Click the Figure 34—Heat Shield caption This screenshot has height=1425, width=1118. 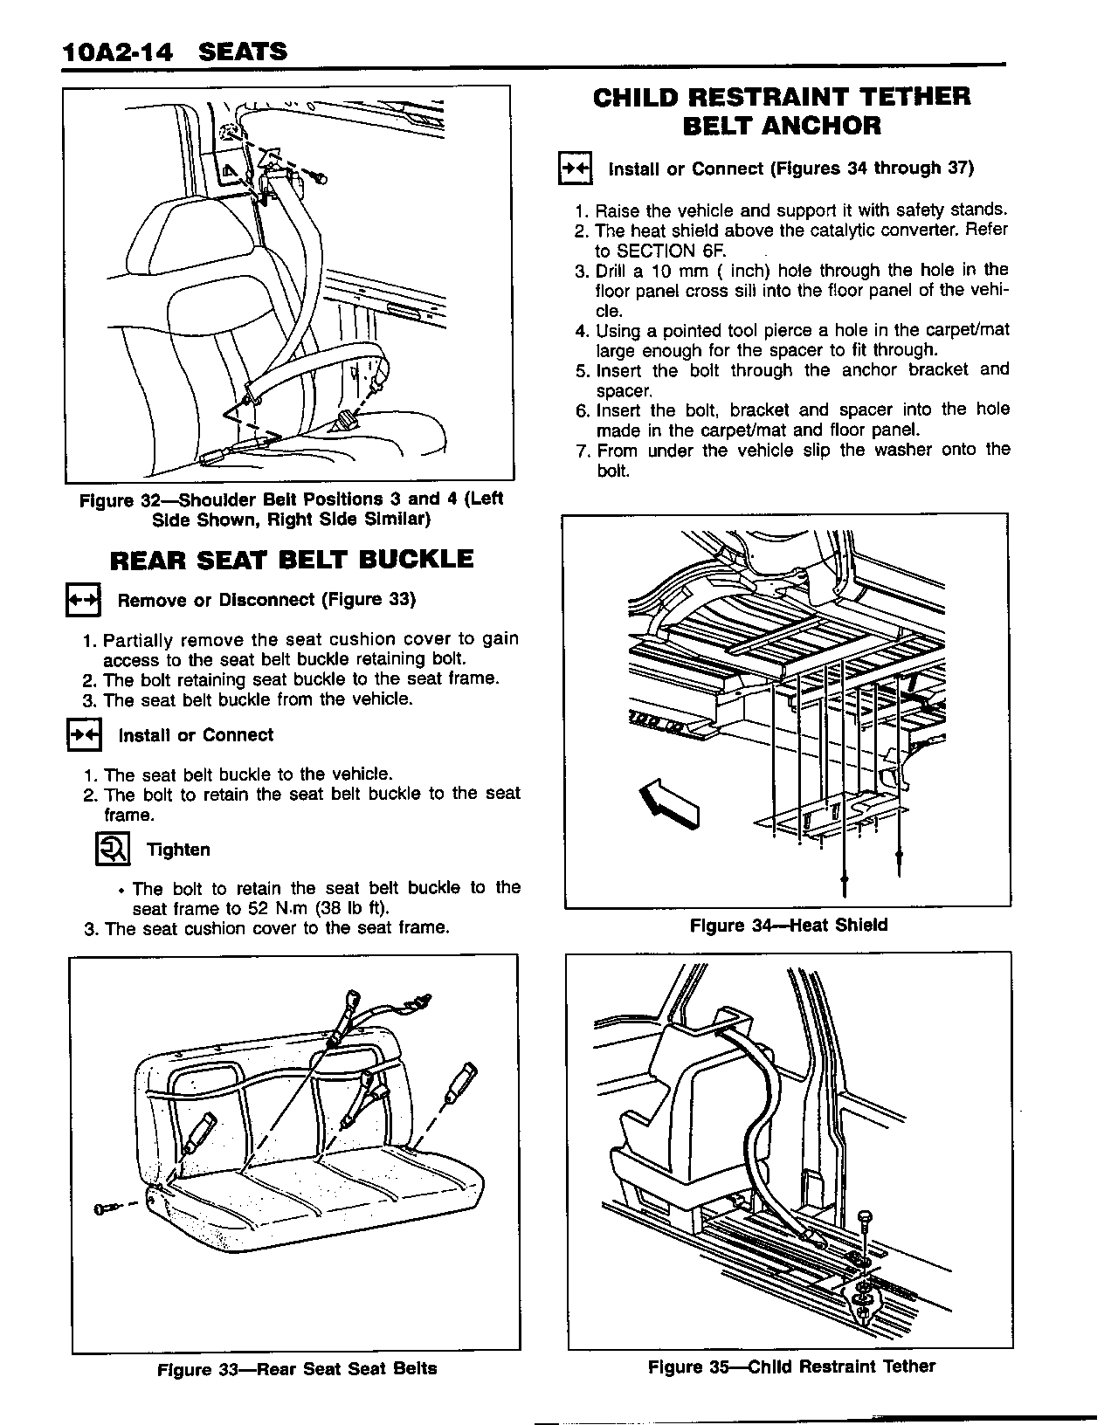tap(788, 925)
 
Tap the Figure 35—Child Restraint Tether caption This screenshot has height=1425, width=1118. tap(791, 1366)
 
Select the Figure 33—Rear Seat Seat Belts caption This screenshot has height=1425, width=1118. tap(296, 1369)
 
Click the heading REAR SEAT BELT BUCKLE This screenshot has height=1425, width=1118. tap(292, 559)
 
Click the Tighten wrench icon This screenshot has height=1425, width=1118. tap(111, 850)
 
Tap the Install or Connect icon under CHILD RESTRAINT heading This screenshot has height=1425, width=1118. tap(575, 169)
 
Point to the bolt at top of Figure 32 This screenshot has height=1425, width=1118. tap(320, 178)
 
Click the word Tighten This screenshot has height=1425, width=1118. tap(178, 850)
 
